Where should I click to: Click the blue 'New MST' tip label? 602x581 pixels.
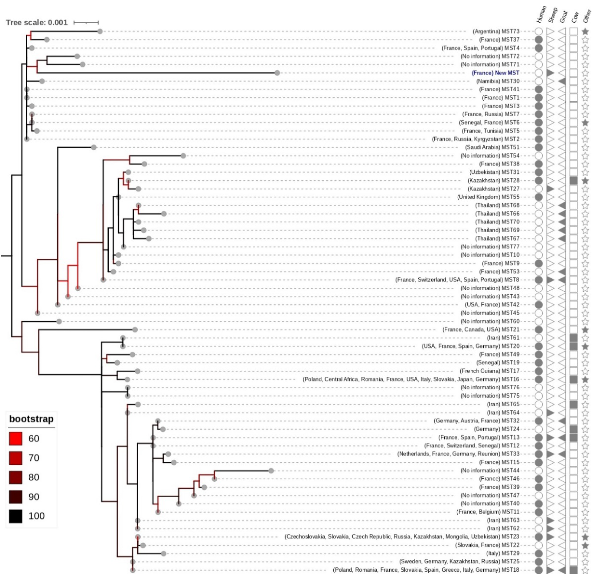495,73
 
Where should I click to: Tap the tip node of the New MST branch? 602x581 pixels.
277,73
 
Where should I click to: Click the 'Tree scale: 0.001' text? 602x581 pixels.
37,22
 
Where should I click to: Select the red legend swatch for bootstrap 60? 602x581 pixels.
15,438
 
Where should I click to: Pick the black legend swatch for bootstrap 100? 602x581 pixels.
15,516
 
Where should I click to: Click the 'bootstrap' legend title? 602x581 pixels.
31,419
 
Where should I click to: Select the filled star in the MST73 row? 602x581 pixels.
585,31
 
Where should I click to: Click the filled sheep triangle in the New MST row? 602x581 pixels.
550,73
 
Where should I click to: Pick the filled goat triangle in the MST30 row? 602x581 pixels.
562,81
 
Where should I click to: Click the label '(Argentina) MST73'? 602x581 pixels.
496,31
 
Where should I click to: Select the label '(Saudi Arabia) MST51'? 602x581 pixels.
492,148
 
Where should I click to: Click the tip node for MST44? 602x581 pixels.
271,471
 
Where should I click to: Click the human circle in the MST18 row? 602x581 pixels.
539,570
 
